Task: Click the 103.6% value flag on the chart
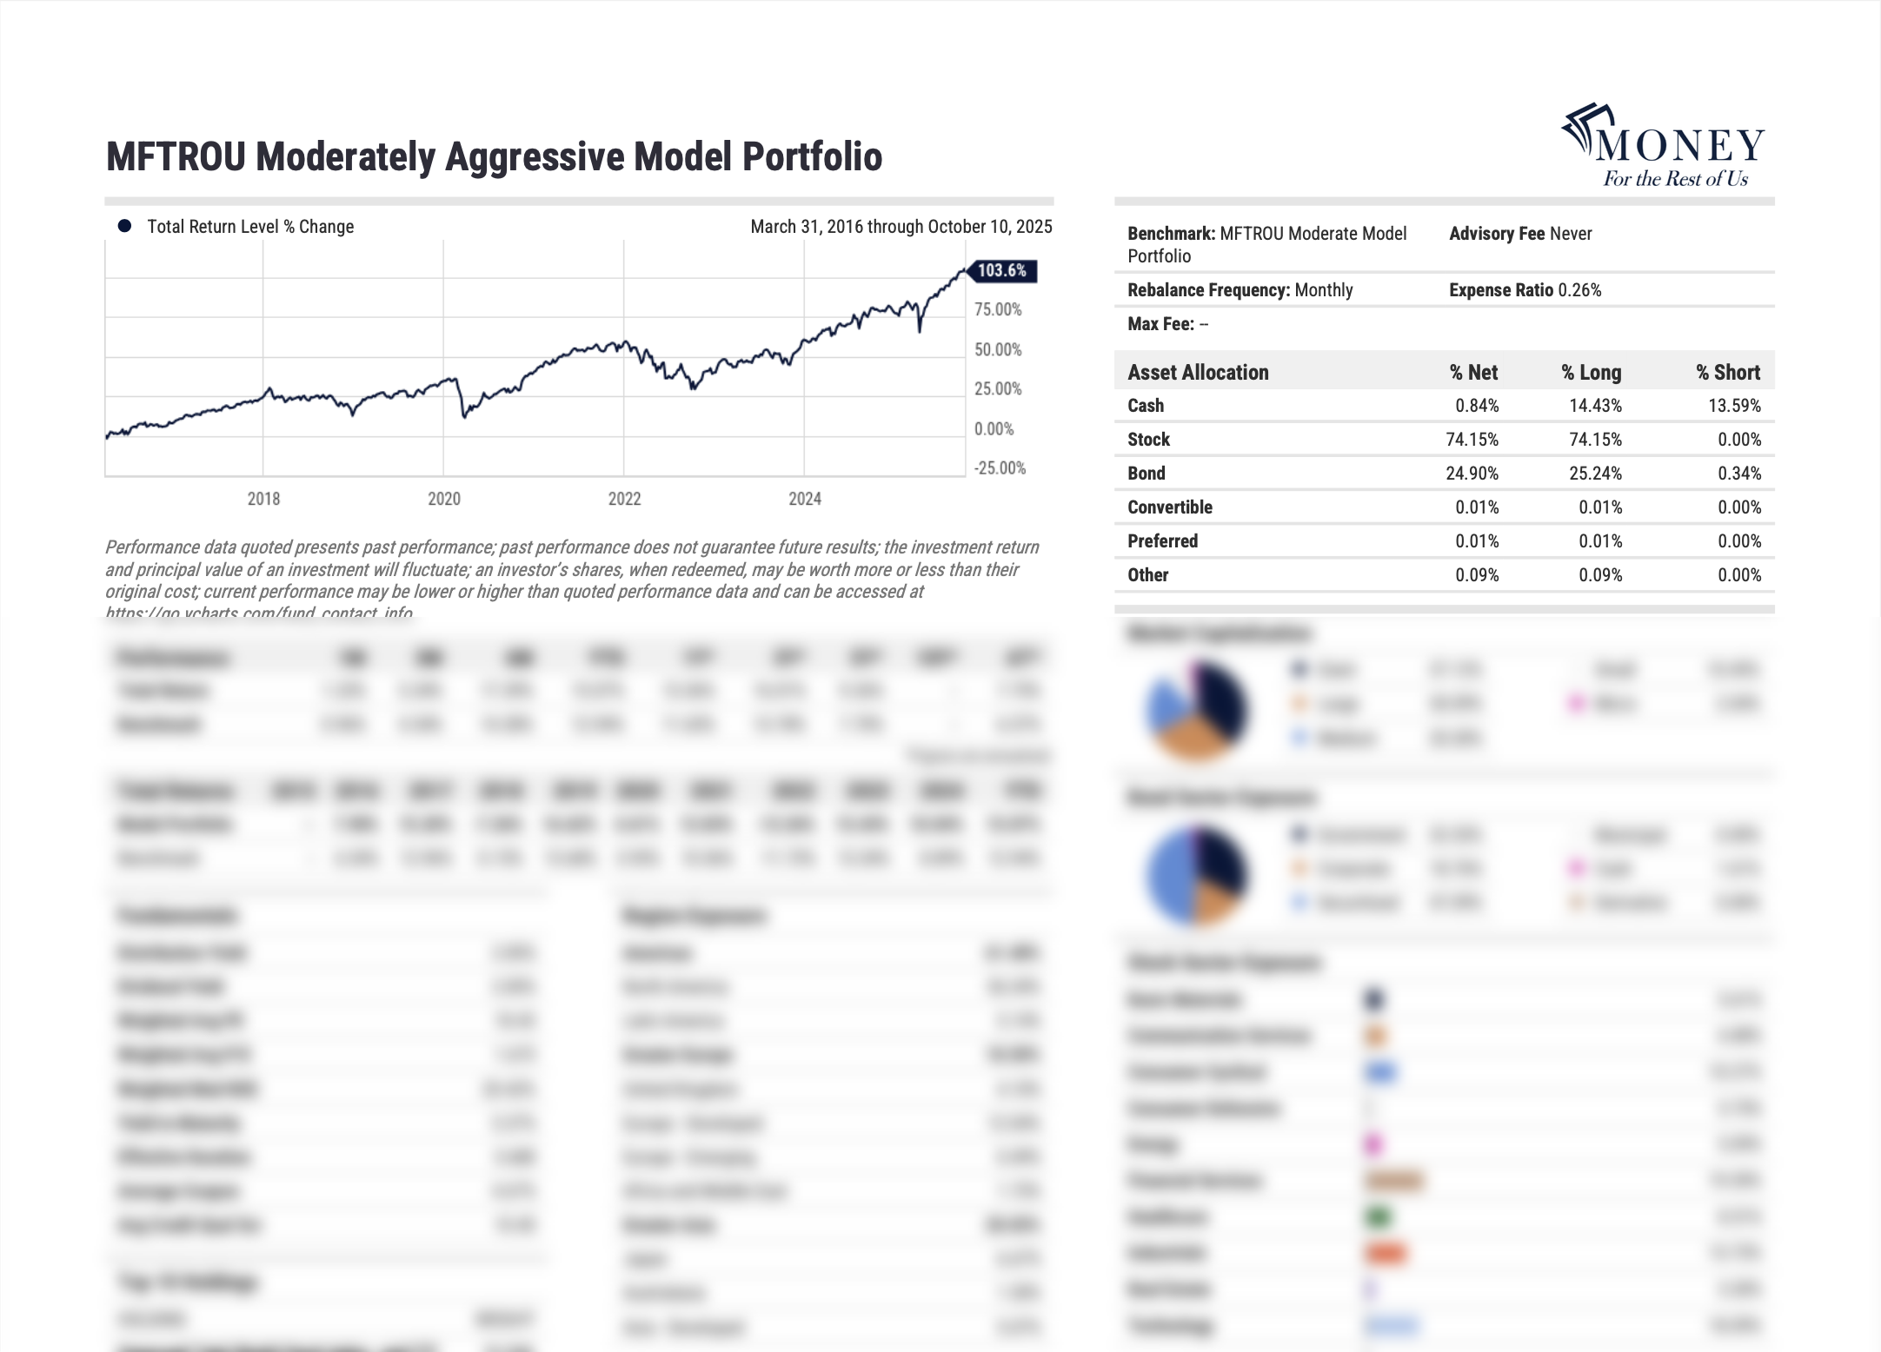1002,271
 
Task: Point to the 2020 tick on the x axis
444,499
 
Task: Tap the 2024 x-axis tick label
805,499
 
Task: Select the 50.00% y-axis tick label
998,349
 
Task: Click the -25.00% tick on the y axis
1000,468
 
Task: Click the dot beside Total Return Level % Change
125,227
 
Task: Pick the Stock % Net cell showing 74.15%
1472,440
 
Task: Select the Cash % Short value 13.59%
1734,406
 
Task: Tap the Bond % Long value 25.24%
1595,474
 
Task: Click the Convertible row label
1170,507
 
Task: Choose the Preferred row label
1162,541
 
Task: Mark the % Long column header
1591,373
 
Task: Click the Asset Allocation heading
1198,373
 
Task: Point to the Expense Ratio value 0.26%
1579,290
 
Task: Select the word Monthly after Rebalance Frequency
1324,290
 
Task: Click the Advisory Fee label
1497,234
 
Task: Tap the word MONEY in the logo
1680,146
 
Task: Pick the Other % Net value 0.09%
1477,575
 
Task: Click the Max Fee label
1160,324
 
